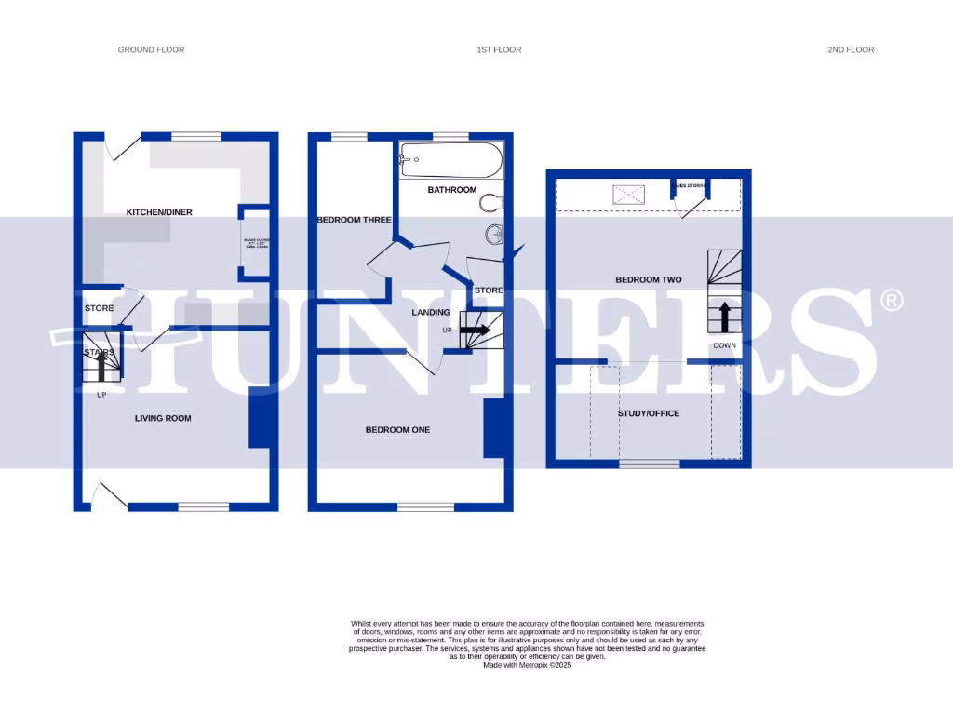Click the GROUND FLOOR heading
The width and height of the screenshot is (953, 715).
click(151, 49)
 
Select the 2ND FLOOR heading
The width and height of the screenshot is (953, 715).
click(851, 49)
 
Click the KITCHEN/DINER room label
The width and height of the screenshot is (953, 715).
click(159, 212)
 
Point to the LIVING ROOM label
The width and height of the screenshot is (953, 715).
click(163, 418)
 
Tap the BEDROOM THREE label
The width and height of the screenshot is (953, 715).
click(354, 220)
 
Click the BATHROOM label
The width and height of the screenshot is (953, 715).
click(451, 190)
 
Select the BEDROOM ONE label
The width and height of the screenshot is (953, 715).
click(397, 430)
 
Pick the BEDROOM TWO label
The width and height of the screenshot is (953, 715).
click(648, 279)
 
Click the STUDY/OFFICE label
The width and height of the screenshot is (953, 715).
click(649, 413)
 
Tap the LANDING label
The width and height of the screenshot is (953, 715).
click(431, 312)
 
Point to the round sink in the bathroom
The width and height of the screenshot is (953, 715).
click(493, 233)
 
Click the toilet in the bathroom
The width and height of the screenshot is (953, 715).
click(492, 202)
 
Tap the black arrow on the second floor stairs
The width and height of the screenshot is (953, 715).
click(723, 317)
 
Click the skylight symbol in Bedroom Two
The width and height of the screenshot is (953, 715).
click(628, 195)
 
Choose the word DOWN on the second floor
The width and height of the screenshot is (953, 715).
click(724, 345)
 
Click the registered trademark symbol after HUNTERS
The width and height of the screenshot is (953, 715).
click(891, 300)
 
